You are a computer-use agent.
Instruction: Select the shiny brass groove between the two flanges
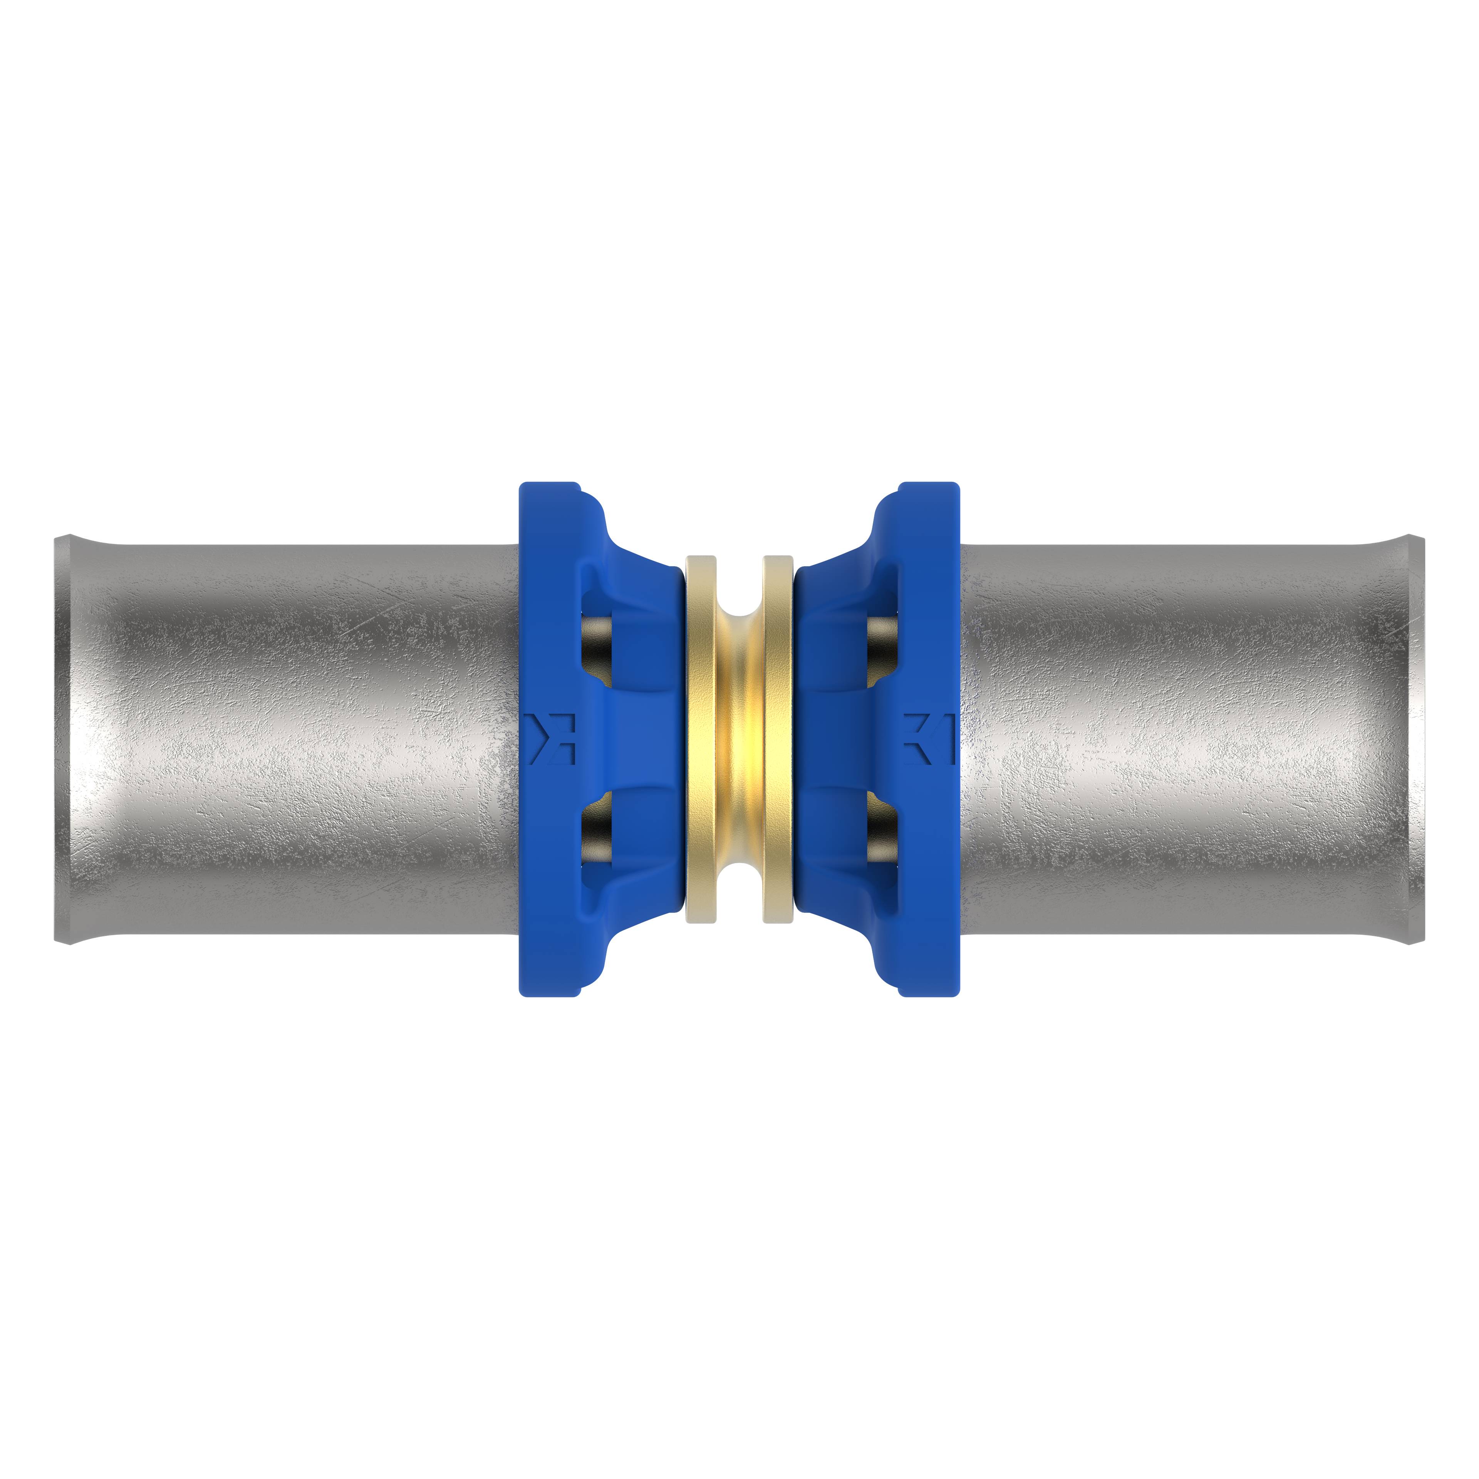pos(739,739)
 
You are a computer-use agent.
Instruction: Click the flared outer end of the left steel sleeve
pos(63,739)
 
